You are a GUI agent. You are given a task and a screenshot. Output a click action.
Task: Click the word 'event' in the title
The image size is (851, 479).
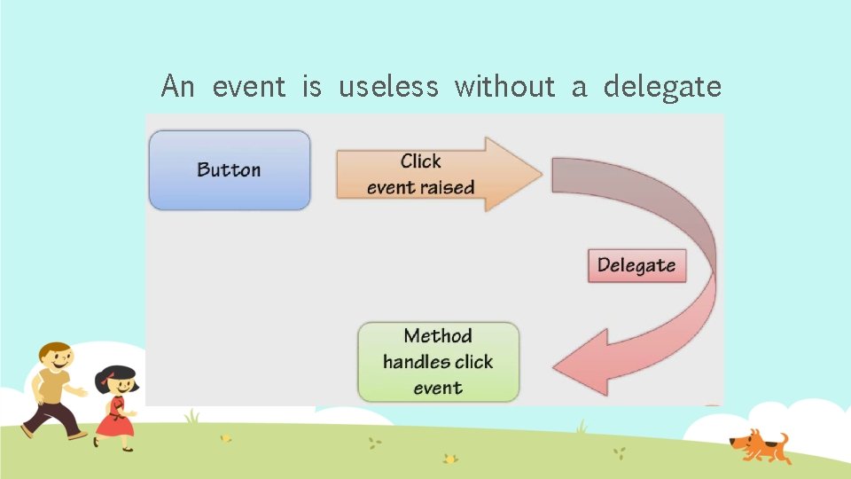click(249, 87)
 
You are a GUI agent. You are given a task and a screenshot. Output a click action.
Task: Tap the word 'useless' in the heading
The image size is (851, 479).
click(388, 87)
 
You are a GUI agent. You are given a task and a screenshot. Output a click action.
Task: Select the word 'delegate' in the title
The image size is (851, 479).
click(662, 87)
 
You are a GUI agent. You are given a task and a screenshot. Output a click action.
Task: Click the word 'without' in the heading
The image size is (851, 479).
click(505, 87)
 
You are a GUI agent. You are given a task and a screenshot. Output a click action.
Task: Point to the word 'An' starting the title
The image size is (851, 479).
click(178, 87)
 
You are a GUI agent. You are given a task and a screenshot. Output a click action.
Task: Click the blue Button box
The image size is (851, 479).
click(230, 169)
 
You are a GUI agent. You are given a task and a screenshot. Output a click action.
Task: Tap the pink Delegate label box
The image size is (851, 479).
click(636, 265)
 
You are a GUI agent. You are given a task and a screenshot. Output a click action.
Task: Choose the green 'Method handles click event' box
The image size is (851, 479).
click(438, 362)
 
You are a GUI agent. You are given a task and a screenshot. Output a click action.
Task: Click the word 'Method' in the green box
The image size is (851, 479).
click(438, 336)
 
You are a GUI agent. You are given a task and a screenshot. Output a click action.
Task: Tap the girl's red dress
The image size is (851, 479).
click(114, 418)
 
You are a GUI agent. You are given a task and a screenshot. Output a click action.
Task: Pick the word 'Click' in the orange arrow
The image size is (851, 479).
click(420, 161)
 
